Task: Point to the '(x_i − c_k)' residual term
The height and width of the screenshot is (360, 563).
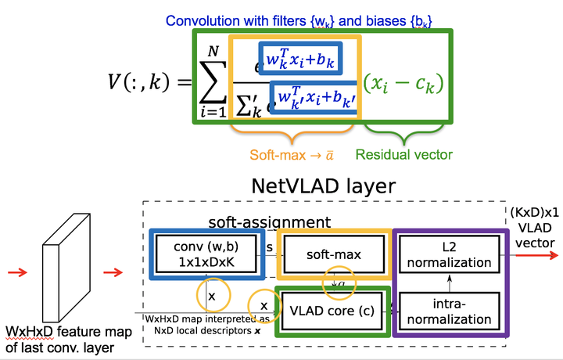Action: pyautogui.click(x=403, y=81)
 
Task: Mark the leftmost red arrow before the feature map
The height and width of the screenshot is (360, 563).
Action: pyautogui.click(x=18, y=272)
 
